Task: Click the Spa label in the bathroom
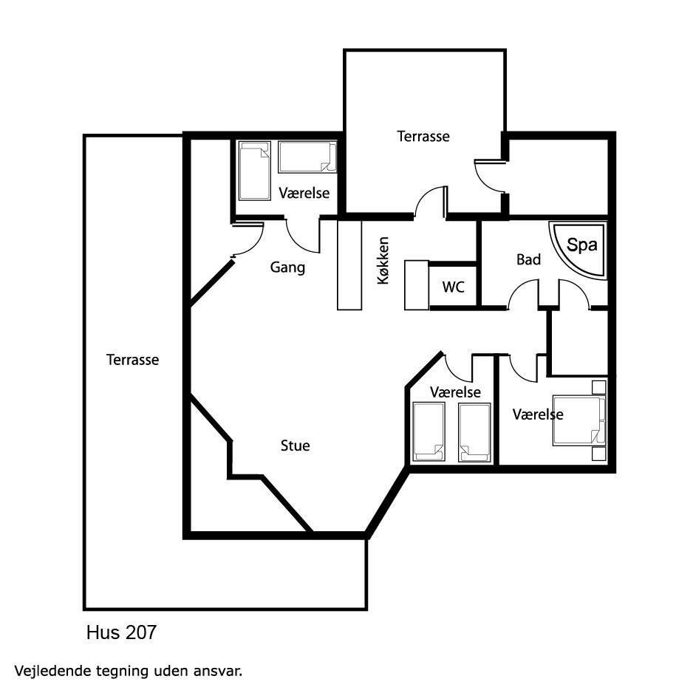tap(581, 245)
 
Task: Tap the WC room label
tap(453, 287)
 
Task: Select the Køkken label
tap(383, 260)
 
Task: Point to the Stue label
tap(296, 445)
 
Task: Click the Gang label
tap(287, 267)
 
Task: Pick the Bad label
tap(528, 259)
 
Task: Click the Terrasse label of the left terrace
tap(132, 360)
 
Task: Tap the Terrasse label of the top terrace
tap(423, 136)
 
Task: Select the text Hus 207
tap(122, 632)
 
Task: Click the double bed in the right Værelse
tap(578, 420)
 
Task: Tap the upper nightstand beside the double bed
tap(599, 387)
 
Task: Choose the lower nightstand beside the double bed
tap(599, 454)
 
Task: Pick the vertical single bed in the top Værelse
tap(255, 171)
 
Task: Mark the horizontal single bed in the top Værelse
tap(307, 157)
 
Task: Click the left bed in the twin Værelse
tap(429, 432)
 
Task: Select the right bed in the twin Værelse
tap(474, 432)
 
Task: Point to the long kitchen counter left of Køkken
tap(349, 264)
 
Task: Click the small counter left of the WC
tap(417, 285)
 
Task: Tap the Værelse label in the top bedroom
tap(304, 193)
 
